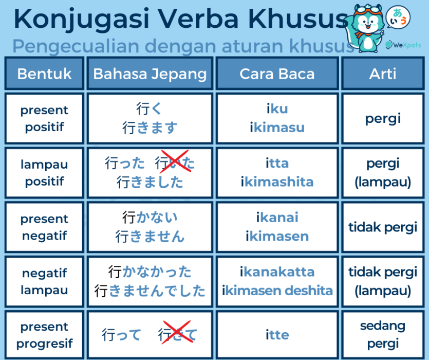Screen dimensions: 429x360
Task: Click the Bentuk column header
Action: tap(44, 74)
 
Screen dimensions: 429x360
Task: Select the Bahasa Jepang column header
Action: tap(150, 74)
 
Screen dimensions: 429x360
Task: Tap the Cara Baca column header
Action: tap(277, 74)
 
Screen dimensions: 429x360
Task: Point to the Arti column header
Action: tap(383, 74)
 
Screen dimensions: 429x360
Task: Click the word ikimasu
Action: tap(277, 128)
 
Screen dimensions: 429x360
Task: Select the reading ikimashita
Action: tap(277, 182)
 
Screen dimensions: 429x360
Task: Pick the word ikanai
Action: tap(277, 217)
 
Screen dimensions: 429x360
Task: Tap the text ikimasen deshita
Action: tap(277, 291)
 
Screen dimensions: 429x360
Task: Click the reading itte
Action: tap(277, 335)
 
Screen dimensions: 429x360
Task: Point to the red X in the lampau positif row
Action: tap(175, 161)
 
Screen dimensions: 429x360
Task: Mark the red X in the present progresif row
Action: tap(177, 332)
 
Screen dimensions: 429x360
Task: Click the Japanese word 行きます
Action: tap(150, 128)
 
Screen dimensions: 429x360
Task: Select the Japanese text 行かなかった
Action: tap(150, 272)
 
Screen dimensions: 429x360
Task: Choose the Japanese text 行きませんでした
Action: tap(150, 291)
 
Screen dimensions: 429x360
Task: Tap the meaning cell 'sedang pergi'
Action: tap(383, 335)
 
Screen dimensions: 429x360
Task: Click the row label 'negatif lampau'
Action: tap(44, 282)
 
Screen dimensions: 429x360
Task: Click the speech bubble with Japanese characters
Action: tap(398, 17)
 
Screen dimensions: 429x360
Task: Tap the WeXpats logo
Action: tap(403, 45)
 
